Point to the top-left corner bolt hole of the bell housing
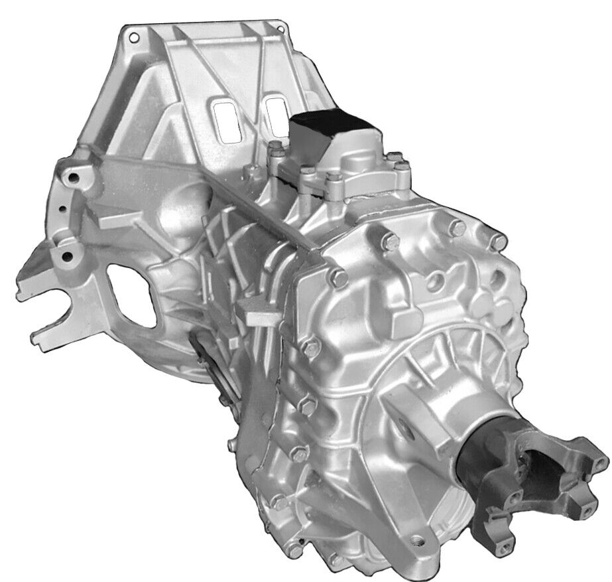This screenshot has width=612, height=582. (x=134, y=34)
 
